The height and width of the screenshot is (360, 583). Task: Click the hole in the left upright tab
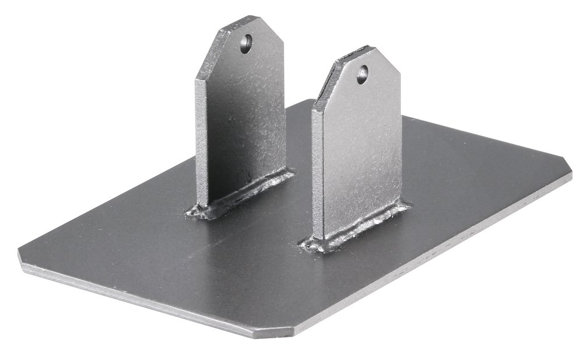coord(246,43)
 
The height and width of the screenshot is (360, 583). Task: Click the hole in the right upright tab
coord(363,74)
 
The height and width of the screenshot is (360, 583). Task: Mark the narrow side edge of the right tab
coord(317,175)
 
